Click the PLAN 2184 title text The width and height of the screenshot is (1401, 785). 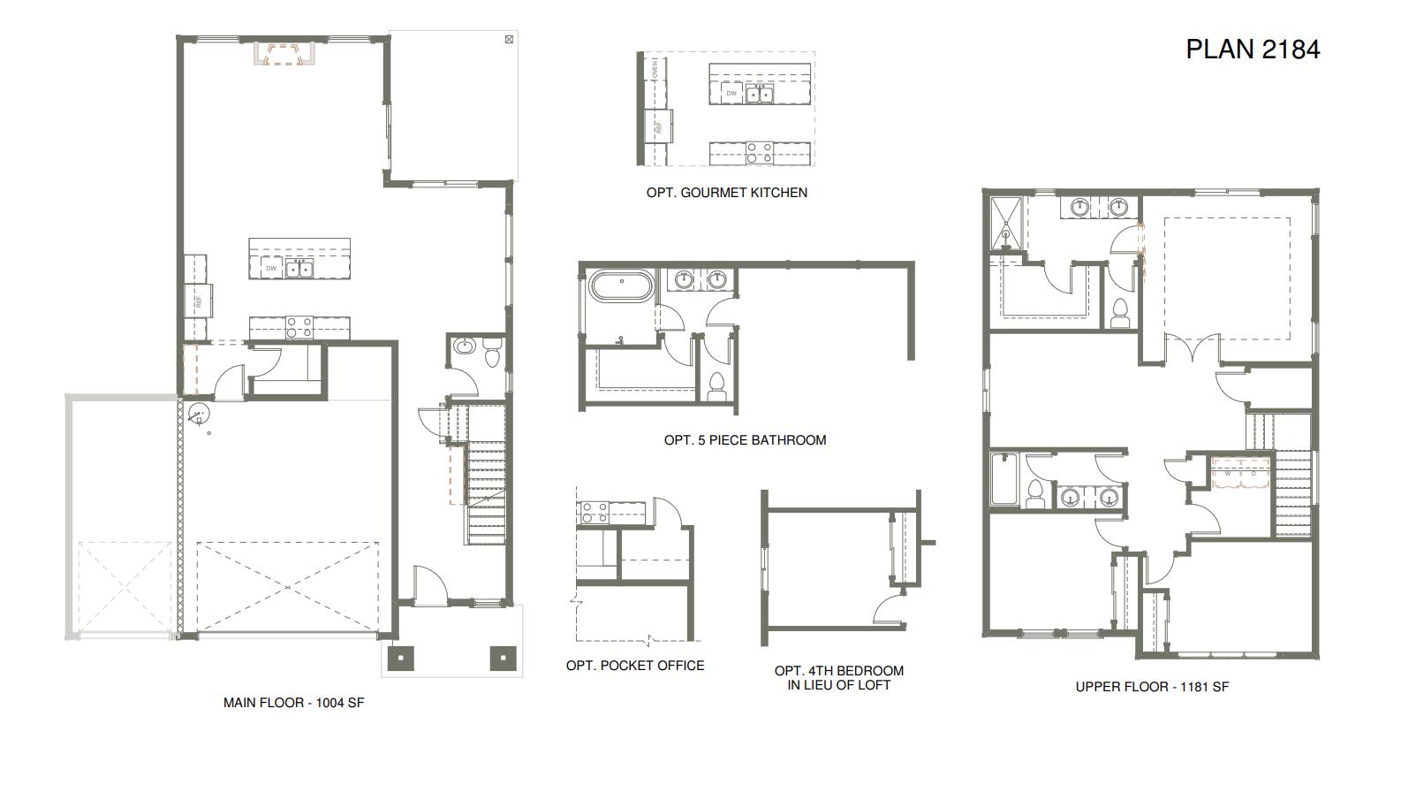1252,50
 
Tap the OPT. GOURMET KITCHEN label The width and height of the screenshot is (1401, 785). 726,193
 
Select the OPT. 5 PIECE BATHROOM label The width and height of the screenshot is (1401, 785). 745,440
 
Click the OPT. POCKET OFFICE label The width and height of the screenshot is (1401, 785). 635,666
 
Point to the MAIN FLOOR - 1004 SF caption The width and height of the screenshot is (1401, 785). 293,704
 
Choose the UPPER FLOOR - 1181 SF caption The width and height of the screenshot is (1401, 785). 1152,687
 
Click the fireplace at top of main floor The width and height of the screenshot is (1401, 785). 284,54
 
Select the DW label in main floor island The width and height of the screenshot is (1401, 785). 270,269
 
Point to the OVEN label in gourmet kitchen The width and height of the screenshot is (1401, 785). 655,68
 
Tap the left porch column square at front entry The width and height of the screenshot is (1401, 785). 401,657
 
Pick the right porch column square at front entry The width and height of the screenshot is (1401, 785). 502,657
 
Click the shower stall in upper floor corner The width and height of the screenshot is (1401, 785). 1004,224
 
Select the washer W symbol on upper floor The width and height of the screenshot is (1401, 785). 1227,473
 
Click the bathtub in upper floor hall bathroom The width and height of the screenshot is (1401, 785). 1003,480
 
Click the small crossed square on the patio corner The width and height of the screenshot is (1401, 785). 509,39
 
